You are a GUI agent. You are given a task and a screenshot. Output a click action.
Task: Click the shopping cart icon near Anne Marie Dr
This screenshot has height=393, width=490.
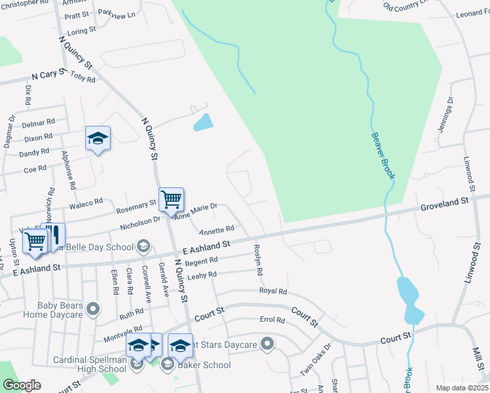pyautogui.click(x=171, y=198)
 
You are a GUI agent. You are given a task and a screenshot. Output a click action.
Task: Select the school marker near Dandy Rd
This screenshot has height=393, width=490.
pyautogui.click(x=98, y=138)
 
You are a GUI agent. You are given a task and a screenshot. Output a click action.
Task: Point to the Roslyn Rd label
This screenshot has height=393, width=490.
pyautogui.click(x=257, y=260)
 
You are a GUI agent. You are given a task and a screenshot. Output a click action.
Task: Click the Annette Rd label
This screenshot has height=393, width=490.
pyautogui.click(x=217, y=230)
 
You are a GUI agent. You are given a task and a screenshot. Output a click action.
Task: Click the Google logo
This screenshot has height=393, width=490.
pyautogui.click(x=22, y=385)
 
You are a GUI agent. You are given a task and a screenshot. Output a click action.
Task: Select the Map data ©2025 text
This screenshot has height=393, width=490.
pyautogui.click(x=461, y=388)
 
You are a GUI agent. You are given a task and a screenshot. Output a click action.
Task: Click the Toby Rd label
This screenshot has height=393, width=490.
pyautogui.click(x=83, y=78)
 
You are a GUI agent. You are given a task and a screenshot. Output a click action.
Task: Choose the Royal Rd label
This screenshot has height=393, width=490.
pyautogui.click(x=273, y=291)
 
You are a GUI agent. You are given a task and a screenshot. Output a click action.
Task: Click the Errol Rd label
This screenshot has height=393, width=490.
pyautogui.click(x=272, y=320)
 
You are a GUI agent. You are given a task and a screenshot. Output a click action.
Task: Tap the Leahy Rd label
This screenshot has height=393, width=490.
pyautogui.click(x=202, y=276)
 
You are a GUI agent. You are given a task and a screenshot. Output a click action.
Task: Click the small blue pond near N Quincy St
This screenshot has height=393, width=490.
pyautogui.click(x=204, y=122)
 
